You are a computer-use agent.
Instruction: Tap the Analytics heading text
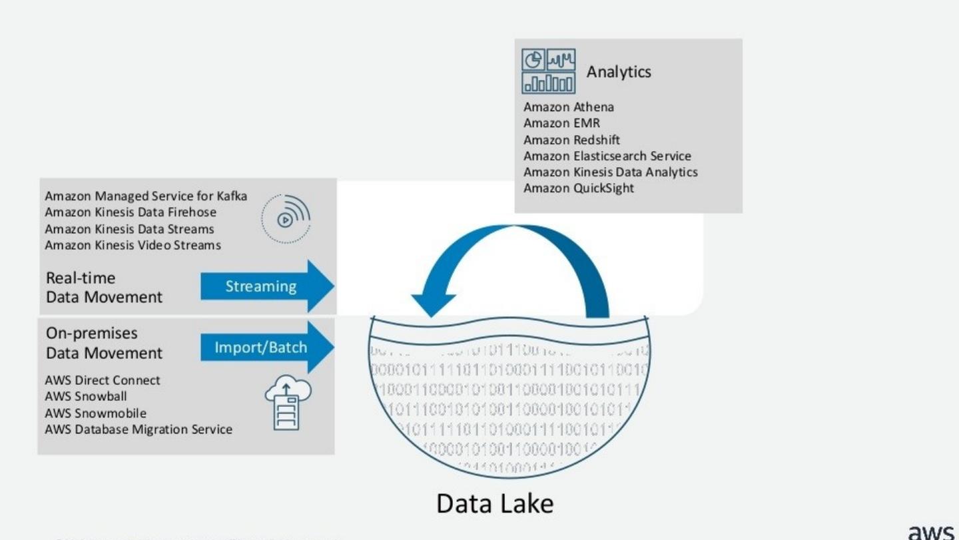619,72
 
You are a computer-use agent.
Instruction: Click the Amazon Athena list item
568,107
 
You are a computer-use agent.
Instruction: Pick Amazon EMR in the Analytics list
561,123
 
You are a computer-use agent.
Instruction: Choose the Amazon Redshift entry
571,140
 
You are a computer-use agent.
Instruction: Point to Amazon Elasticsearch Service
607,156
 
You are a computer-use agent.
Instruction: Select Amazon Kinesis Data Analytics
611,172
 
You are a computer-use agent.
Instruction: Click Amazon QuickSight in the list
579,188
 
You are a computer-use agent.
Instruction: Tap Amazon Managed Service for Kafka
146,196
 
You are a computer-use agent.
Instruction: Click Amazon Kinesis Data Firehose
131,212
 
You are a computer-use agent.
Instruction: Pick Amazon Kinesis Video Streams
133,245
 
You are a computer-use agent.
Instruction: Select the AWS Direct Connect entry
103,380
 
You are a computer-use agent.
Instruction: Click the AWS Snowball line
86,397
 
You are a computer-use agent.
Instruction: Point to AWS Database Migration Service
139,429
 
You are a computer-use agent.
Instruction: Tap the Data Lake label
495,503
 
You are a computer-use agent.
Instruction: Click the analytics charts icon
549,71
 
